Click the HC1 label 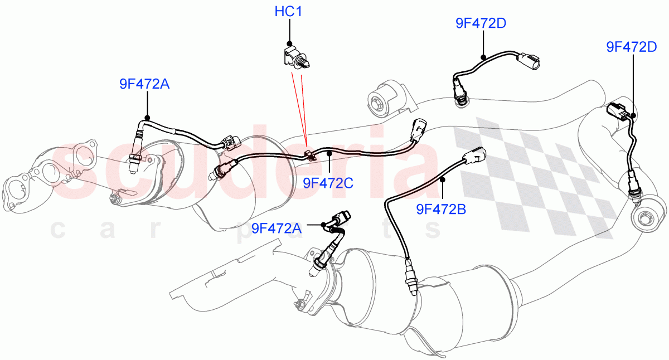[288, 12]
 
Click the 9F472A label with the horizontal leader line [277, 227]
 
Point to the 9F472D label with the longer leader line [632, 47]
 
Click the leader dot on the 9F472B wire [442, 179]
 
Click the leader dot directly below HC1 [289, 43]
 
